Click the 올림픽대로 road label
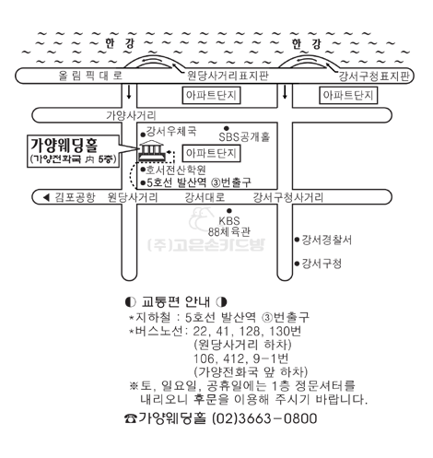pyautogui.click(x=90, y=76)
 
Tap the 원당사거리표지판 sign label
pyautogui.click(x=228, y=76)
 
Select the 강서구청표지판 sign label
pyautogui.click(x=374, y=76)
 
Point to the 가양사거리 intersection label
pyautogui.click(x=131, y=115)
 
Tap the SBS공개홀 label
pyautogui.click(x=244, y=137)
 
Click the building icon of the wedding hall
pyautogui.click(x=151, y=150)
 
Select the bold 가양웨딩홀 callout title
pyautogui.click(x=64, y=146)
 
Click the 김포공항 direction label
pyautogui.click(x=76, y=197)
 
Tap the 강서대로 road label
pyautogui.click(x=205, y=197)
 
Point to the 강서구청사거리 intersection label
pyautogui.click(x=288, y=197)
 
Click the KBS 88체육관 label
pyautogui.click(x=228, y=226)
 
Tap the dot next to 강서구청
pyautogui.click(x=297, y=264)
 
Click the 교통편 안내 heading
pyautogui.click(x=176, y=302)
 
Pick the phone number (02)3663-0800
pyautogui.click(x=264, y=418)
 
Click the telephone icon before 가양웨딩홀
pyautogui.click(x=131, y=418)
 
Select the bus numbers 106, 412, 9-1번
pyautogui.click(x=240, y=358)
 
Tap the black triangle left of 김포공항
pyautogui.click(x=46, y=197)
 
